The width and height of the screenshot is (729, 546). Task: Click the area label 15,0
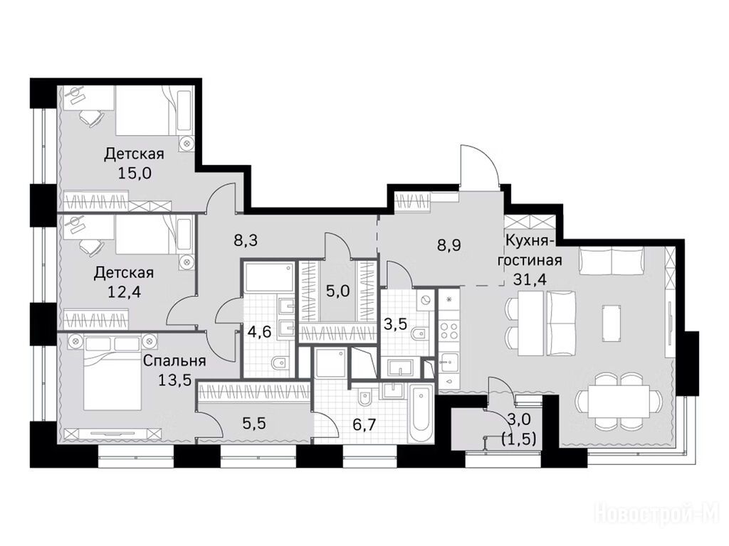pyautogui.click(x=135, y=174)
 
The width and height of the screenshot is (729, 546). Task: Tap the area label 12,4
pyautogui.click(x=124, y=293)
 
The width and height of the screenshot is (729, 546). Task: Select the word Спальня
pyautogui.click(x=174, y=360)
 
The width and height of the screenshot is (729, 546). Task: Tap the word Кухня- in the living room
pyautogui.click(x=529, y=241)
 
